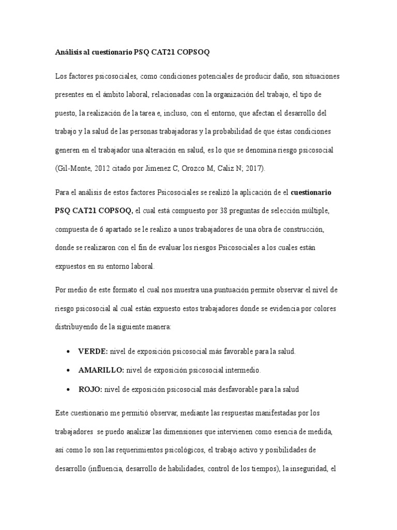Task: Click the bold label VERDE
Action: click(93, 351)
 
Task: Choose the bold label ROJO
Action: click(90, 389)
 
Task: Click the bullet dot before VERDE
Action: click(69, 351)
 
